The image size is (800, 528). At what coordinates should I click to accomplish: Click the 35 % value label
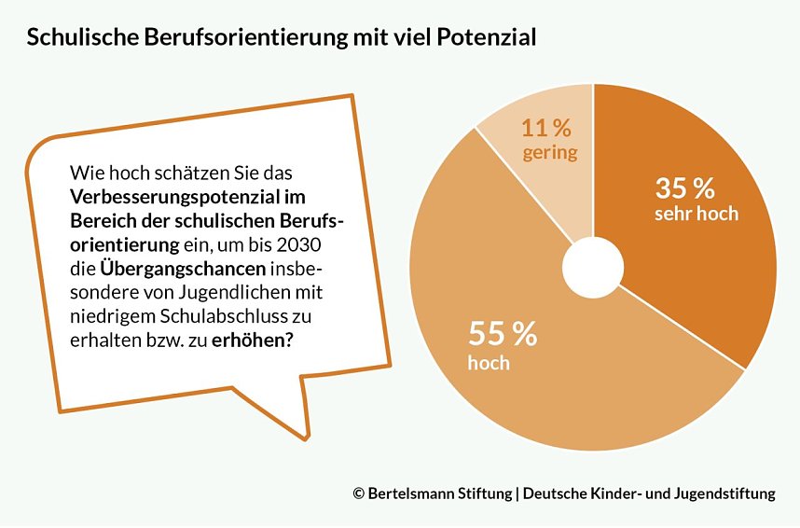coord(685,188)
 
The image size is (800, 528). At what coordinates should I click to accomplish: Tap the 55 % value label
coord(503,334)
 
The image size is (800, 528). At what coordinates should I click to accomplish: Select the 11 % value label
coord(546,128)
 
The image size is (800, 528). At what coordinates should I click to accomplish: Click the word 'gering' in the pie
coord(549,152)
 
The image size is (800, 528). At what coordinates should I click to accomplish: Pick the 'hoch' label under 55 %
coord(489,363)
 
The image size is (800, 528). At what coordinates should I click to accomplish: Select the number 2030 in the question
coord(306,245)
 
